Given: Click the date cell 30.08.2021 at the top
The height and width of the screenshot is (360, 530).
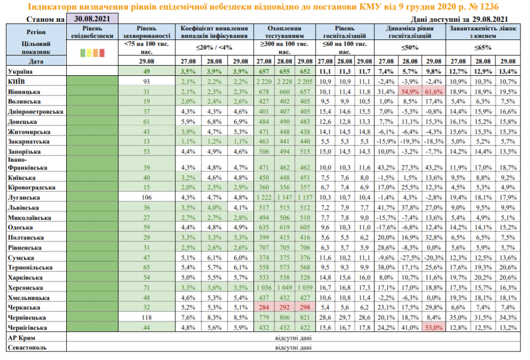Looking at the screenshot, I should [91, 19].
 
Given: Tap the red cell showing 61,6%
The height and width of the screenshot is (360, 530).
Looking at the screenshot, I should [433, 92].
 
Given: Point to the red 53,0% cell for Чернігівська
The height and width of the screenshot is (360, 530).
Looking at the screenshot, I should [433, 327].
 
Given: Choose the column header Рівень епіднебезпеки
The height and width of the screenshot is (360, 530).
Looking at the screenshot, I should [92, 31].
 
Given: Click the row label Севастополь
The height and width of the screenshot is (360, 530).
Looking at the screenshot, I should [27, 347].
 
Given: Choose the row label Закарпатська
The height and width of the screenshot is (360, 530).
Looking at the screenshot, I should [30, 141].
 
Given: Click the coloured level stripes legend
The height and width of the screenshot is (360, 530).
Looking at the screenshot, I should [92, 52].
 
